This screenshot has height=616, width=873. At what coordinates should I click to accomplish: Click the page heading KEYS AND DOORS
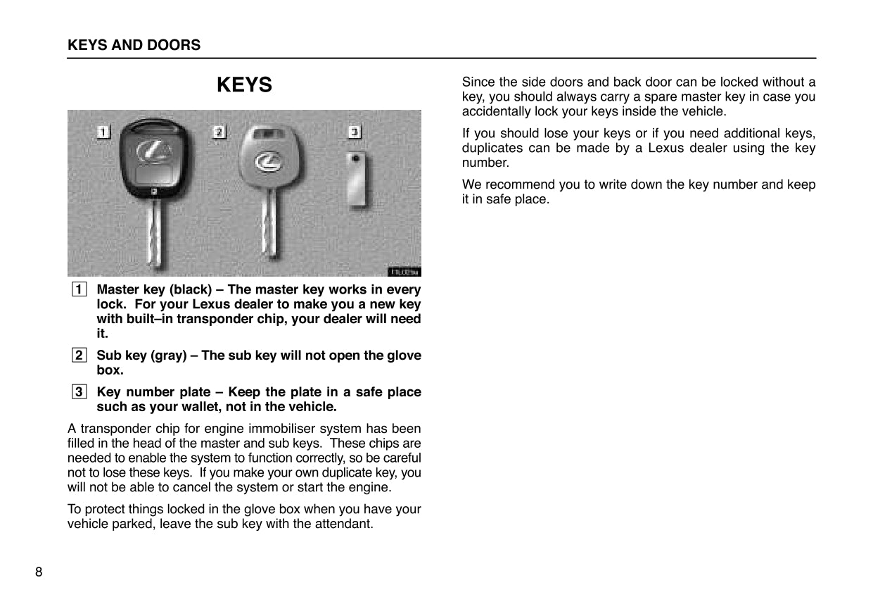coord(134,45)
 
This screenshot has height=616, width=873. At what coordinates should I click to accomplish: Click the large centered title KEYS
coord(244,85)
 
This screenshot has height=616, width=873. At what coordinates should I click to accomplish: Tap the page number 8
coord(39,572)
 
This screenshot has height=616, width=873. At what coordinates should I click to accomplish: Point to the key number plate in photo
coord(357,180)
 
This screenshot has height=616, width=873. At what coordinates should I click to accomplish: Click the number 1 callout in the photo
coord(104,132)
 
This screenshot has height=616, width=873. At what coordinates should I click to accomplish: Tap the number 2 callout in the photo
coord(219,132)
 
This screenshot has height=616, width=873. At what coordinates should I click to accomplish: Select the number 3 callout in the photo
coord(355,132)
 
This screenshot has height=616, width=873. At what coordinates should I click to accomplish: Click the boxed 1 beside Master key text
coord(79,289)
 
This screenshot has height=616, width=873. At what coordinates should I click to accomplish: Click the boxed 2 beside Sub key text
coord(79,355)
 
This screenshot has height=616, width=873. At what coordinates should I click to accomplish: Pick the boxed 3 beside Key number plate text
coord(79,391)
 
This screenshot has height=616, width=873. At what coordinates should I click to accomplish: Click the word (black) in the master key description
coord(192,289)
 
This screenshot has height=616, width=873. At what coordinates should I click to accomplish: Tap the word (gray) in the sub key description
coord(168,355)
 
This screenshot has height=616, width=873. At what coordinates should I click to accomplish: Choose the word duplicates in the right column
coord(490,148)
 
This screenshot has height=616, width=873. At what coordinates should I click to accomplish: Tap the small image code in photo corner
coord(404,272)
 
